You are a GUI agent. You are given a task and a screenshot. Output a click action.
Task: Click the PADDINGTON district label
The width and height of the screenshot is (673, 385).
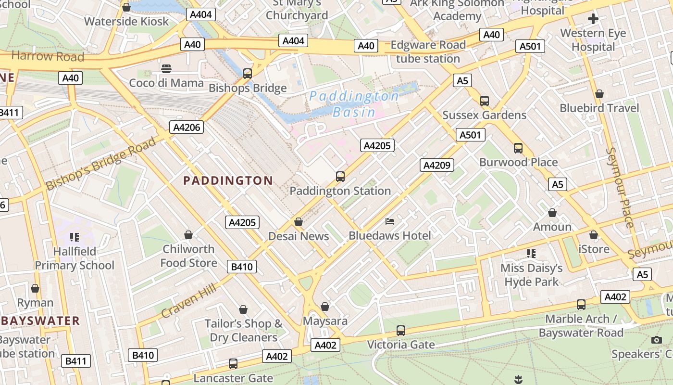[228, 181]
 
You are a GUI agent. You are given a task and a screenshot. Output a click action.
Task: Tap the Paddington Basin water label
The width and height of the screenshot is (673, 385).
[354, 104]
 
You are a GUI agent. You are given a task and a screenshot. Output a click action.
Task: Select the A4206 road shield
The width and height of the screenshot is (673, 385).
[186, 127]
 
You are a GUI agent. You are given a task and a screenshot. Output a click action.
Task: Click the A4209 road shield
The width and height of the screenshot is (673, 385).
[437, 166]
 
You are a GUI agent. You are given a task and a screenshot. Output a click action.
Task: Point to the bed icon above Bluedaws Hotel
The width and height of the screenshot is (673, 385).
[390, 221]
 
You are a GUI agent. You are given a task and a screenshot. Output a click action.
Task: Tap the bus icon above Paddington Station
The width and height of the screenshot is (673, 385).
[340, 177]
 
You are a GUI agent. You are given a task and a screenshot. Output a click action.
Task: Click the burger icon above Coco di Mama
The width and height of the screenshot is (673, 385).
[166, 69]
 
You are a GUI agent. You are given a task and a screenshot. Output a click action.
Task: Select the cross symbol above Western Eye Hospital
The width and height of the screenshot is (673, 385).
[593, 19]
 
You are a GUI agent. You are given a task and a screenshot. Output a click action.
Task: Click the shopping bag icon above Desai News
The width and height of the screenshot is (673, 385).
[299, 222]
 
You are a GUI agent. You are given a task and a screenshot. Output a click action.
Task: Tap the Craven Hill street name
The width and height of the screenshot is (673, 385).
[188, 301]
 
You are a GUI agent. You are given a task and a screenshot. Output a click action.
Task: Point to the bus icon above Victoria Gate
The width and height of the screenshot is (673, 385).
[400, 331]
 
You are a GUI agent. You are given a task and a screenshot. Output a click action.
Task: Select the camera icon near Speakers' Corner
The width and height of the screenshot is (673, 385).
[657, 340]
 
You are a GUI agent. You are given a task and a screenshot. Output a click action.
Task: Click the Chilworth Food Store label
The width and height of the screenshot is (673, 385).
[188, 256]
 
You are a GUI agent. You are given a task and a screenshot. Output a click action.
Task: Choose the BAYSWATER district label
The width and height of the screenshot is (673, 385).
[40, 321]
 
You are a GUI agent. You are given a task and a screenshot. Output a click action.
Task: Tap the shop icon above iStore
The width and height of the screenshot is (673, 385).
[594, 235]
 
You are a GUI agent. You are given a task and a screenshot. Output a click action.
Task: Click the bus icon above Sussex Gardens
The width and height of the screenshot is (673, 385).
[484, 101]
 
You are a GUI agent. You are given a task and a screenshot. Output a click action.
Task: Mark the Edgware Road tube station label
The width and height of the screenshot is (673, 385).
[428, 52]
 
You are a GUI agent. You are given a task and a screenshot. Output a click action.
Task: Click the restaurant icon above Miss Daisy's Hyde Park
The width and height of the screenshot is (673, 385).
[531, 253]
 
